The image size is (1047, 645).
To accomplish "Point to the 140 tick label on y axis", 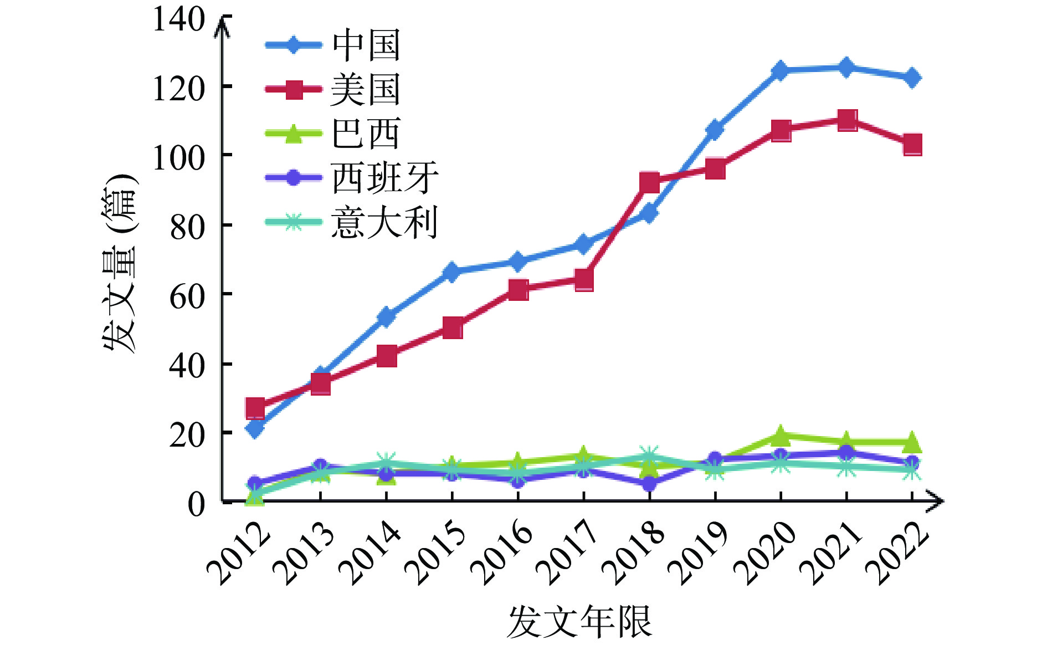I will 178,20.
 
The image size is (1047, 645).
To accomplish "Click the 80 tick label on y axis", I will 187,227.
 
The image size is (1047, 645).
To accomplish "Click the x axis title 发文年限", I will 579,622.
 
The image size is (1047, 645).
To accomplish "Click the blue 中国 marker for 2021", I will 846,68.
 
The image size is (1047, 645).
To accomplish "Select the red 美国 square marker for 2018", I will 649,182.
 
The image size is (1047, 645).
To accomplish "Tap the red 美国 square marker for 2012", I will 255,408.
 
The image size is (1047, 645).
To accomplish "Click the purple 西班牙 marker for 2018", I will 649,484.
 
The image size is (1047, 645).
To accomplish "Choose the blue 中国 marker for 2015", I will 452,272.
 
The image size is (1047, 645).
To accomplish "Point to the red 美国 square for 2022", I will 912,145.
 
